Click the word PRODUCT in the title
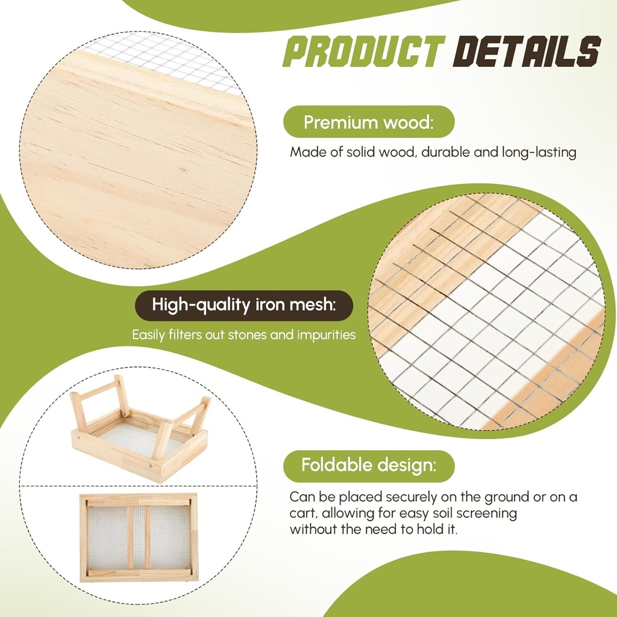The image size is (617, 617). coord(363,51)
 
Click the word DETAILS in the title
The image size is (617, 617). coord(527,51)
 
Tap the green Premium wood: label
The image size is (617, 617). coord(368,122)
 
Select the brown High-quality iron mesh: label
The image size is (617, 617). coord(243,305)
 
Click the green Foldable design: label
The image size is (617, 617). coord(369,466)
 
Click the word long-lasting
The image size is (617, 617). coord(539,152)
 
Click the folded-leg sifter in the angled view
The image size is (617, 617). coord(139,428)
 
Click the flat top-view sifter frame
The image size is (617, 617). coord(139,537)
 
